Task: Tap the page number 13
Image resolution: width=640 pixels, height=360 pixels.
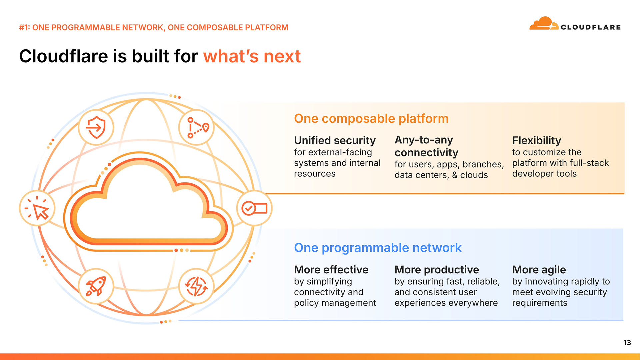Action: [x=627, y=343]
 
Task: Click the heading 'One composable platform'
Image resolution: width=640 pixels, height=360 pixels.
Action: [x=371, y=119]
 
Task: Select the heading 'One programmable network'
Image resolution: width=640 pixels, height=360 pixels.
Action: [x=377, y=248]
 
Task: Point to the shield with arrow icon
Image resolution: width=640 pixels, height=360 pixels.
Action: [x=96, y=127]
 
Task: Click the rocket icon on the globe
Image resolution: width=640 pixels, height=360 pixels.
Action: [x=96, y=286]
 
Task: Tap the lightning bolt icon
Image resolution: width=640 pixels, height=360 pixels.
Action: [x=196, y=286]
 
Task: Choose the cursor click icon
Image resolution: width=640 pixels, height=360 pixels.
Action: [x=37, y=209]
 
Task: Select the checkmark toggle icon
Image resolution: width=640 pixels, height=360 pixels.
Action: [x=254, y=208]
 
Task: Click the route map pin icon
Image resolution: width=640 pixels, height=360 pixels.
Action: [x=197, y=127]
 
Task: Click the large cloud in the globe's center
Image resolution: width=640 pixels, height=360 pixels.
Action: [x=147, y=203]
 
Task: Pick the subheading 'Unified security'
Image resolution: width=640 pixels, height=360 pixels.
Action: [x=335, y=140]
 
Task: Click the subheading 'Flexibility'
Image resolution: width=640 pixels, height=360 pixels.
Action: [x=536, y=140]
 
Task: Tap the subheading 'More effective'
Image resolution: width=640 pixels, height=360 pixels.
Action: [x=331, y=269]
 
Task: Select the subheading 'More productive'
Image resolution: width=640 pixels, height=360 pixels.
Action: [x=436, y=269]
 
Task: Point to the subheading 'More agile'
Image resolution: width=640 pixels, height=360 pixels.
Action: [x=539, y=269]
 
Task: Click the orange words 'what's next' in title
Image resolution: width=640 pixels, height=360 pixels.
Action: [x=252, y=56]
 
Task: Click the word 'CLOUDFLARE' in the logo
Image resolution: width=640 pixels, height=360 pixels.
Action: [x=590, y=27]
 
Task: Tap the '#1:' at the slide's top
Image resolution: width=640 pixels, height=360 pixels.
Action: [x=24, y=27]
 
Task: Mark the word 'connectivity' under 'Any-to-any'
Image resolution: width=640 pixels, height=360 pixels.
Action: [x=426, y=153]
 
